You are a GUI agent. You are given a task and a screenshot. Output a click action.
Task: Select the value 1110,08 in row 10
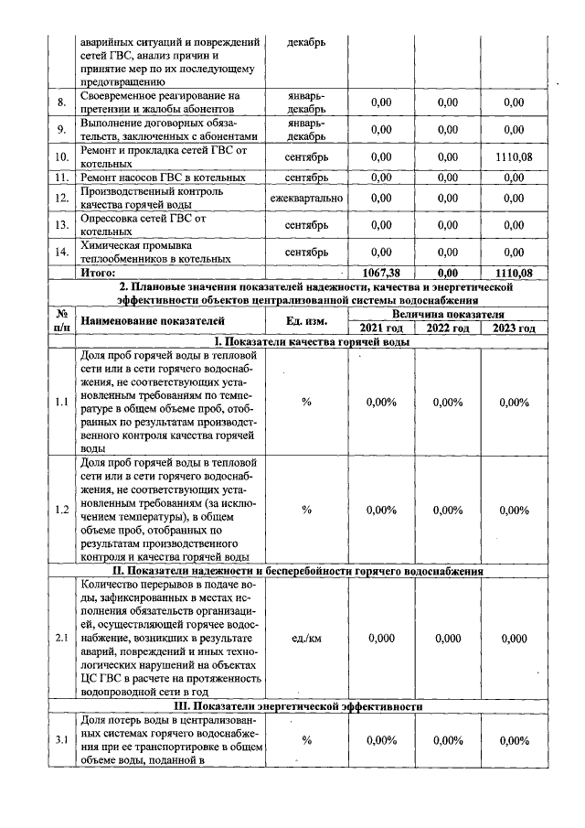pos(514,157)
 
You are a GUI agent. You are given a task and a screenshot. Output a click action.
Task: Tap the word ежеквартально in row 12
pos(306,198)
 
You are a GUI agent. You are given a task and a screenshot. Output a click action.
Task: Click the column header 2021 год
pos(380,329)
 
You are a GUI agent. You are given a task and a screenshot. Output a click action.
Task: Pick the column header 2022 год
pos(447,329)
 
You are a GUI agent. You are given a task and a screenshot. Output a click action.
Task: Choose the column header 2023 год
pos(514,329)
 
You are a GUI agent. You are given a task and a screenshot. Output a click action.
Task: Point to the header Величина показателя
pos(447,314)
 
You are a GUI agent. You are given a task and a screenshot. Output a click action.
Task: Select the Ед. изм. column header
pos(306,321)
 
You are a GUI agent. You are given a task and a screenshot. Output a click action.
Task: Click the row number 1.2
pos(61,510)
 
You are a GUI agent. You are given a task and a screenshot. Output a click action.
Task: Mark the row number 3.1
pos(61,740)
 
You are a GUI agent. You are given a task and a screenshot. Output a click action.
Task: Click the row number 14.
pos(61,252)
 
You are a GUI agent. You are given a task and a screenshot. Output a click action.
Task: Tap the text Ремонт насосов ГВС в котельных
pos(164,177)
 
